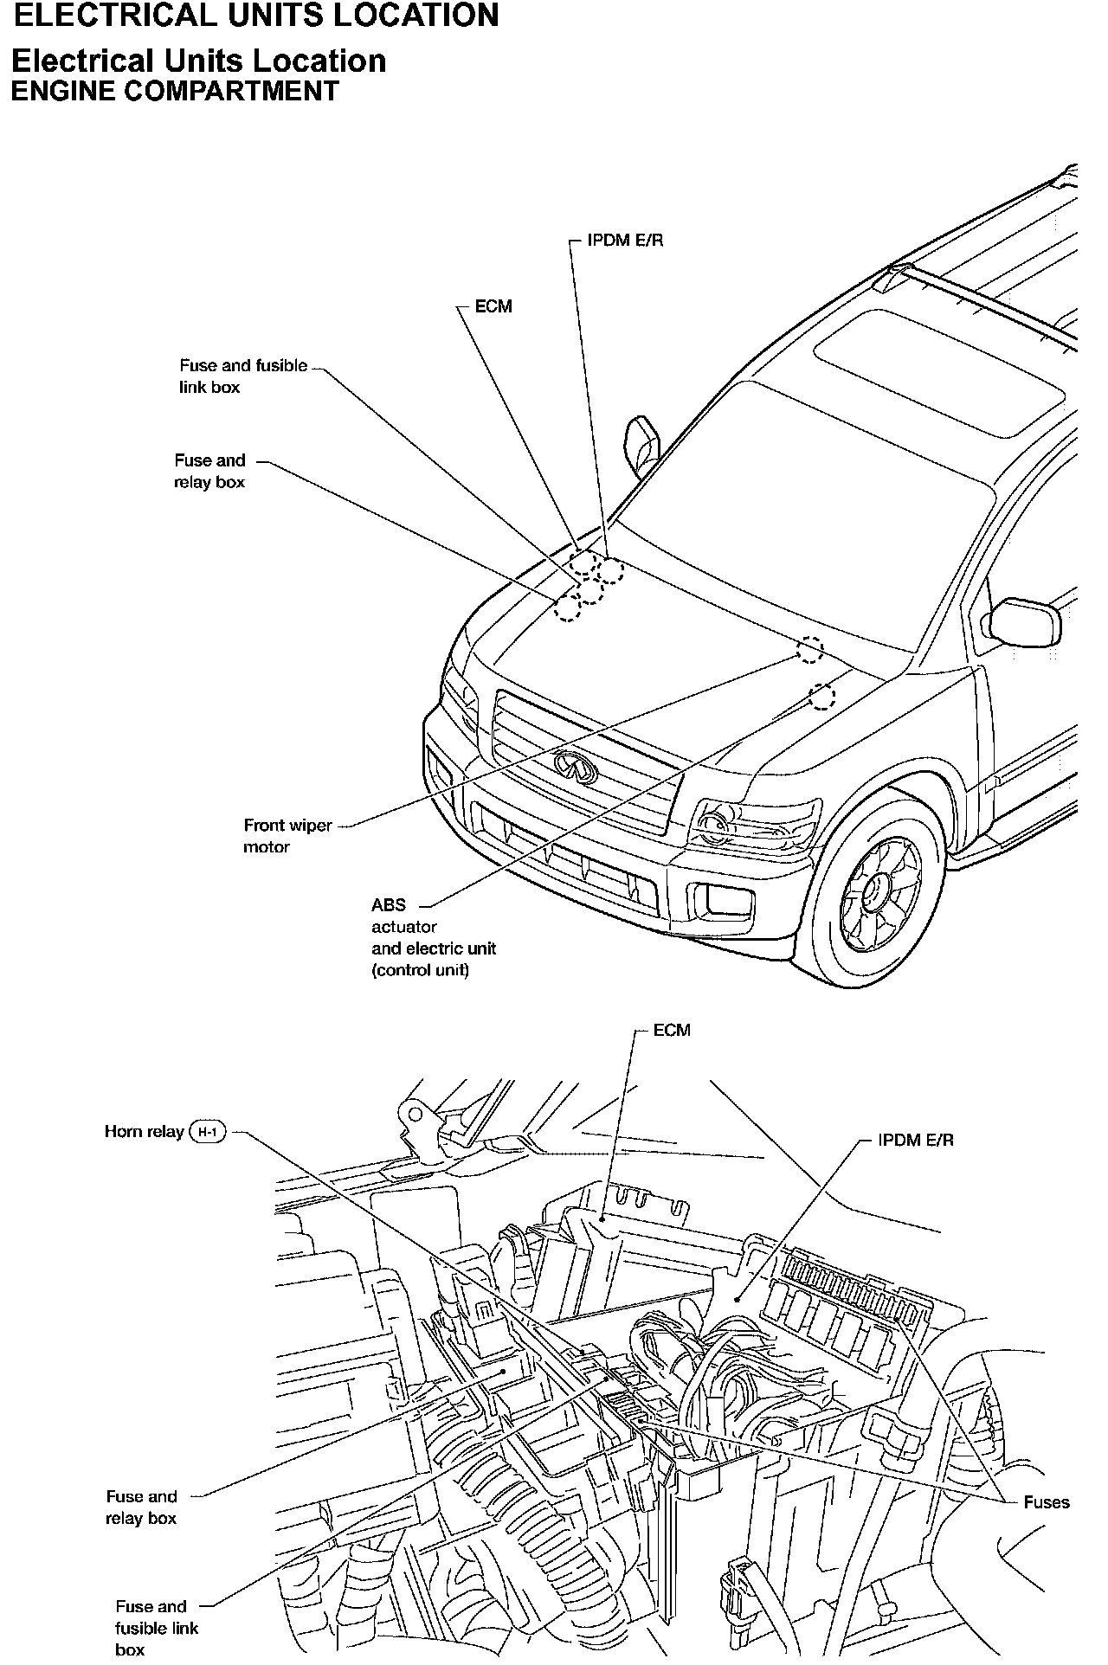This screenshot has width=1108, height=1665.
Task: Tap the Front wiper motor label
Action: click(x=287, y=836)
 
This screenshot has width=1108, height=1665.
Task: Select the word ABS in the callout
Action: click(x=389, y=905)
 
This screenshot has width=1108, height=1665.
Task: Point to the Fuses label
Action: click(x=1047, y=1502)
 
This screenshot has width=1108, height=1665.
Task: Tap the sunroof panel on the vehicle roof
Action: click(x=939, y=373)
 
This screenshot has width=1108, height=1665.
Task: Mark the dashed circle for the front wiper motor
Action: click(x=810, y=649)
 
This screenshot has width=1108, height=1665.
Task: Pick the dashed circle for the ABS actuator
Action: click(x=821, y=696)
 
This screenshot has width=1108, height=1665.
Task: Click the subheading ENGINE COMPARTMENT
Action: click(x=174, y=92)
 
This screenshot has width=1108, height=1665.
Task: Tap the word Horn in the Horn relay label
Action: click(x=125, y=1131)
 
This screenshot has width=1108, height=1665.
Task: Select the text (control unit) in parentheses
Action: click(x=421, y=970)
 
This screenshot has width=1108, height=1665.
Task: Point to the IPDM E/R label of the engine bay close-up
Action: click(x=916, y=1141)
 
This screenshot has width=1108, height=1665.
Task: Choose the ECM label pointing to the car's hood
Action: click(x=493, y=306)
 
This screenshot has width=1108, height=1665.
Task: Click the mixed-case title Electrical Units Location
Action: click(x=198, y=61)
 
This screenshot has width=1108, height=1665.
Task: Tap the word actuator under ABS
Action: click(x=404, y=927)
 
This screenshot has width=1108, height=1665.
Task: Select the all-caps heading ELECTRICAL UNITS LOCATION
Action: click(x=257, y=16)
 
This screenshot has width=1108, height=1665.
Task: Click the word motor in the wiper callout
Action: click(x=267, y=847)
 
